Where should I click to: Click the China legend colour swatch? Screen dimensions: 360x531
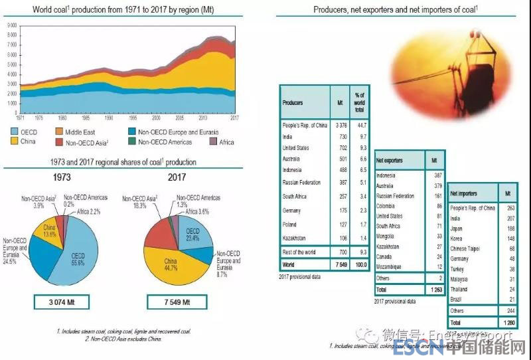[14, 141]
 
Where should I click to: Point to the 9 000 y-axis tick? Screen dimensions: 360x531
[11, 25]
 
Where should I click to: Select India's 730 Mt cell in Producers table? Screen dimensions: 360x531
[340, 135]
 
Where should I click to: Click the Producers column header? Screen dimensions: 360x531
[293, 103]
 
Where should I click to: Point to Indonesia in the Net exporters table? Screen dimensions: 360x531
[386, 176]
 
